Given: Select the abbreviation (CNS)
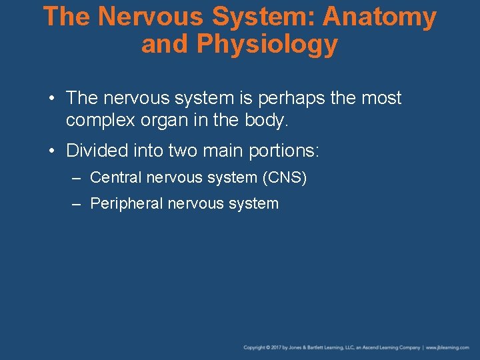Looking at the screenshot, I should coord(285,178).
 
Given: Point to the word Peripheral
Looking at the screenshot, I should coord(126,204).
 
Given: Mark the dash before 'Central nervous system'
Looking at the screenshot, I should coord(77,178).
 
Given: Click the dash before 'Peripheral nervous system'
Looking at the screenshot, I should coord(77,204).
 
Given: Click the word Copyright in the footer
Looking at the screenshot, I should coord(254,347).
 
